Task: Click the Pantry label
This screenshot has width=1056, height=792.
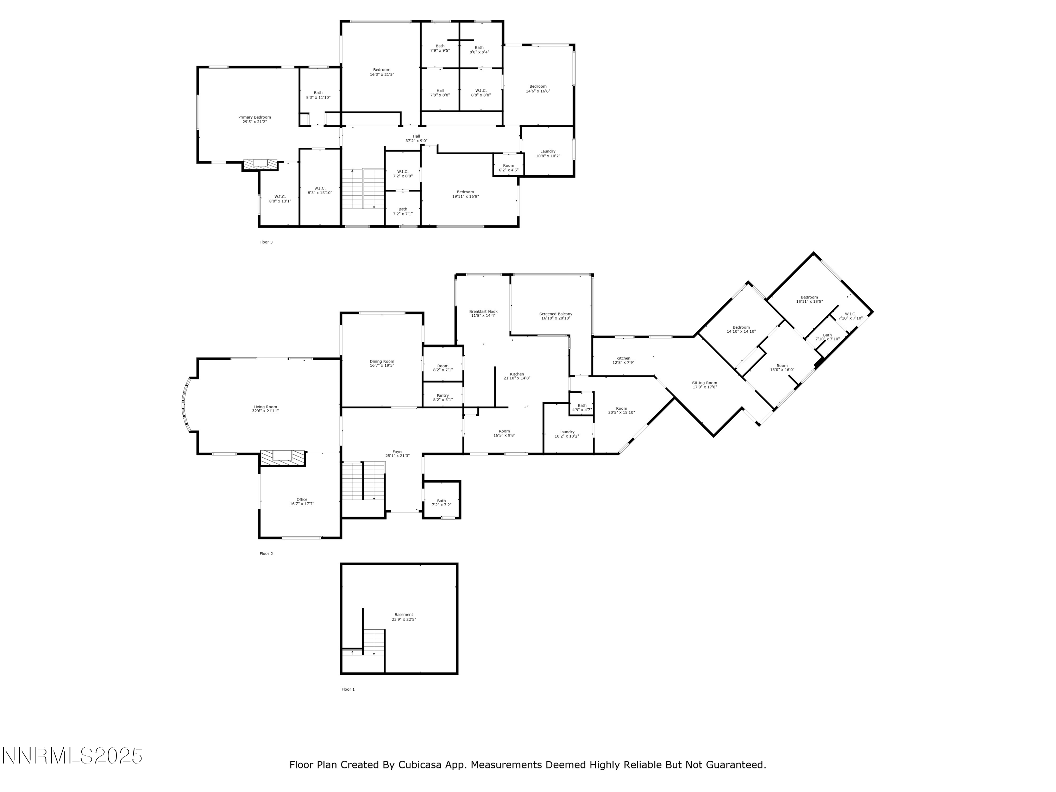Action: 442,395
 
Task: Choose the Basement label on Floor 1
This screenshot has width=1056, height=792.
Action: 403,615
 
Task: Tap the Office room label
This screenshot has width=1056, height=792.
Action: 302,499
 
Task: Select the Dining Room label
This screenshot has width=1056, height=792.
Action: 382,362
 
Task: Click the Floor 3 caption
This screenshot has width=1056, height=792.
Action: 266,242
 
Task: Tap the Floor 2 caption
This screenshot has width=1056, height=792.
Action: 266,554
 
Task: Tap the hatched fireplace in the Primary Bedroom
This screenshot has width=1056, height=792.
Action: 260,164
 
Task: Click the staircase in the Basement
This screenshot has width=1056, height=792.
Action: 374,642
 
